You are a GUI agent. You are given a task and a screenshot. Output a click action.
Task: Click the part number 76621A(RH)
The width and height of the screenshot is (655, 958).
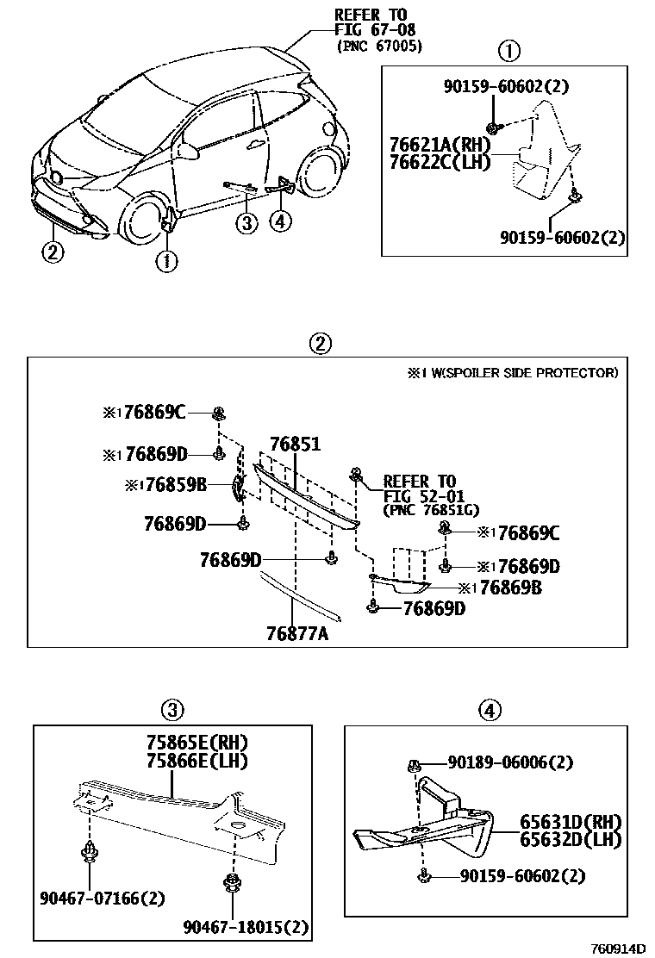click(443, 144)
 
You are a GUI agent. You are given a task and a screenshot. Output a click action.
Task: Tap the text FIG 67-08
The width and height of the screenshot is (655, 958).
click(371, 30)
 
